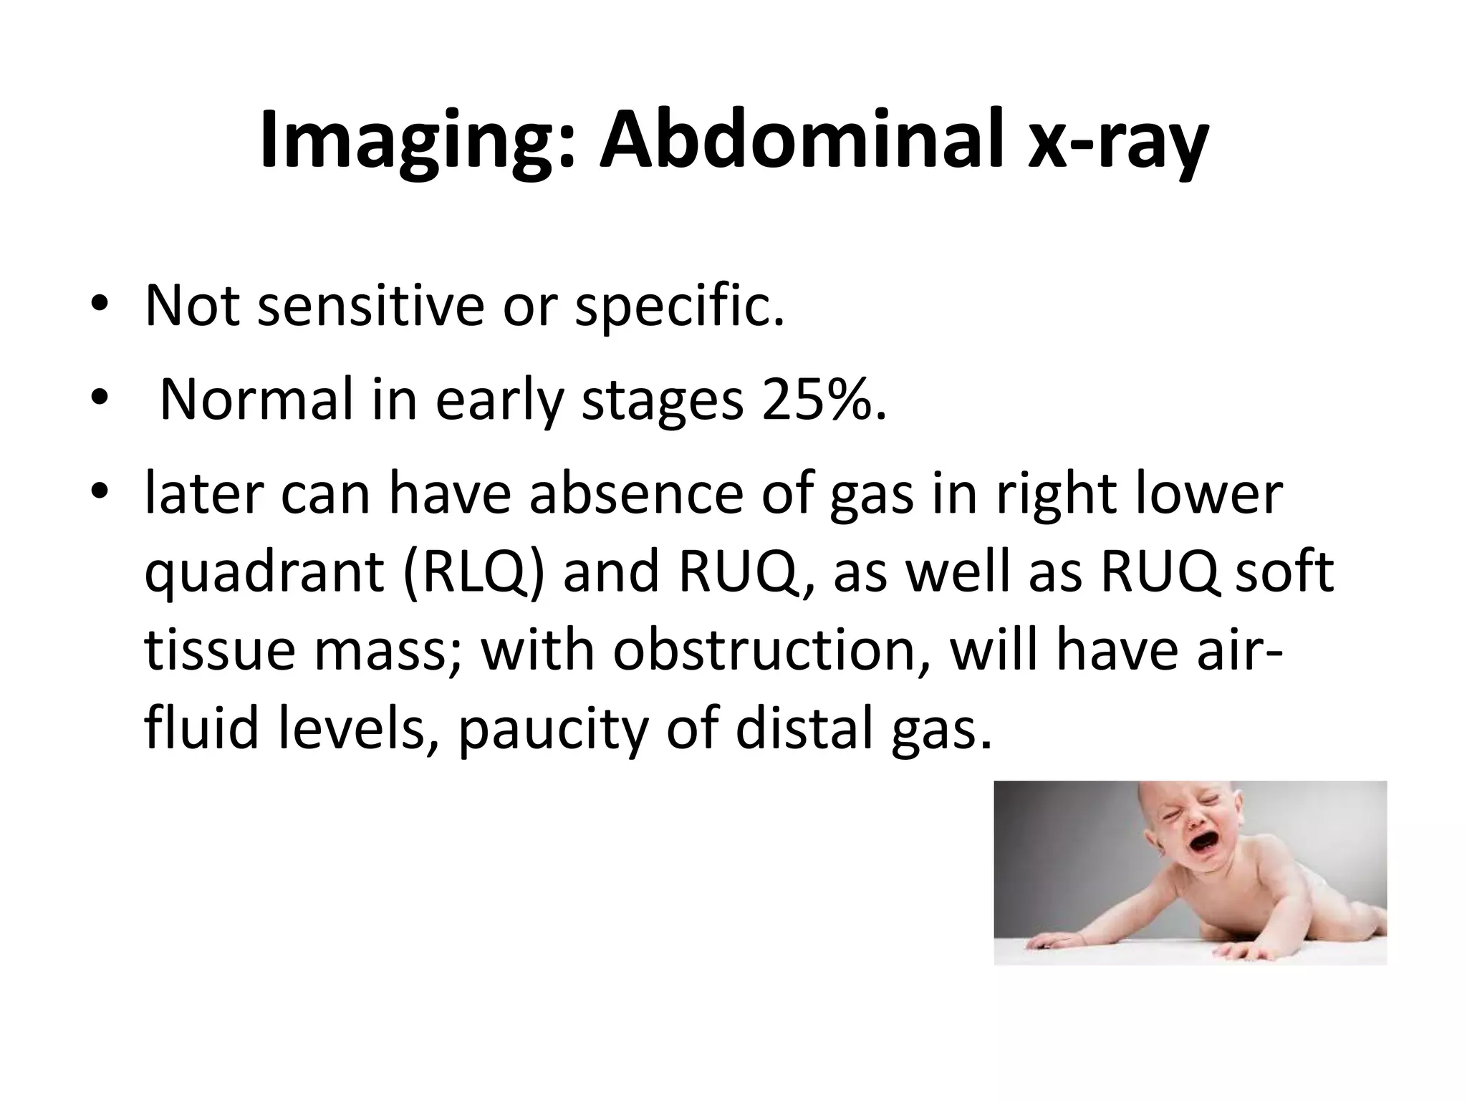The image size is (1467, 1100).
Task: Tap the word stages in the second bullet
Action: coord(662,401)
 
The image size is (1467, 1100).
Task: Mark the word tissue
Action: coord(219,652)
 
